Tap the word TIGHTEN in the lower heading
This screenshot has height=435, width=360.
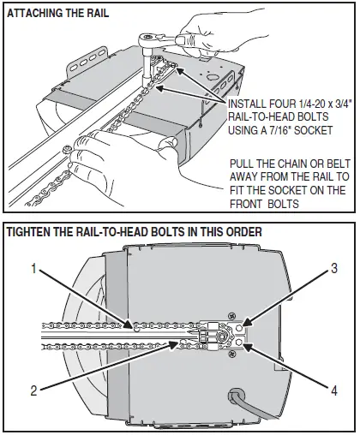click(32, 232)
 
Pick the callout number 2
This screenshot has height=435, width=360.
click(33, 390)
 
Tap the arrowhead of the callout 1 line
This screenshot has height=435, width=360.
click(128, 325)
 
